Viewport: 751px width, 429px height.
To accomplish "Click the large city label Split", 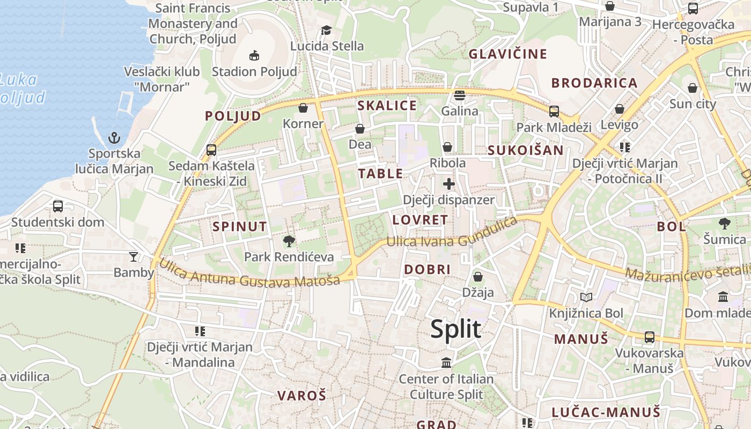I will (x=455, y=329).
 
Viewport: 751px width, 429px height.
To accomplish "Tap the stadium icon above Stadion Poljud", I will (x=254, y=55).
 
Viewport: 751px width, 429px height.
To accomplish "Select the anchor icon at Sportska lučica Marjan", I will (x=114, y=138).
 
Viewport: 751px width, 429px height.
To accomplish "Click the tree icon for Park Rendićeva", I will (x=289, y=241).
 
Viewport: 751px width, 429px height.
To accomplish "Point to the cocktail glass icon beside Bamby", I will (x=134, y=257).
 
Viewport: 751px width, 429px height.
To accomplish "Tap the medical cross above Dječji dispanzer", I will (x=449, y=184).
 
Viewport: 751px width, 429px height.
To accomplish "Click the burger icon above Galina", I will (x=460, y=95).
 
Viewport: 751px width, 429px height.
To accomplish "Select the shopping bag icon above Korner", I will (x=303, y=108).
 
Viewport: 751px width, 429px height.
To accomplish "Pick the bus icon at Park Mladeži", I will (x=554, y=112).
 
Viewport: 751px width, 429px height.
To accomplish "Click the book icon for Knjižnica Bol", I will (x=586, y=297).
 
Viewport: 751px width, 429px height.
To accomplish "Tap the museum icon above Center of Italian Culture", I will (x=446, y=363).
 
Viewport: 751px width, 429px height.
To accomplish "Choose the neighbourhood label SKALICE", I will (x=387, y=106).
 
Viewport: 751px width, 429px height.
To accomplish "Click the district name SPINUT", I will (x=239, y=226).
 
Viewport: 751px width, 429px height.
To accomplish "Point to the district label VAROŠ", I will (x=301, y=396).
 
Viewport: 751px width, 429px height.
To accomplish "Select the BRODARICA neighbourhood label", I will (x=594, y=83).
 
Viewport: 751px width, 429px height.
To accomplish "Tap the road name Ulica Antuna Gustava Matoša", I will (x=249, y=273).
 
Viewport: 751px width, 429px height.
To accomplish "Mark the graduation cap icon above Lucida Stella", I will (x=326, y=30).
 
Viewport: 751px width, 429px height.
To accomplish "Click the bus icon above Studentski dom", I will (x=58, y=206).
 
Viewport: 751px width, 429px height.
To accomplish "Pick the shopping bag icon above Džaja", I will (x=477, y=277).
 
